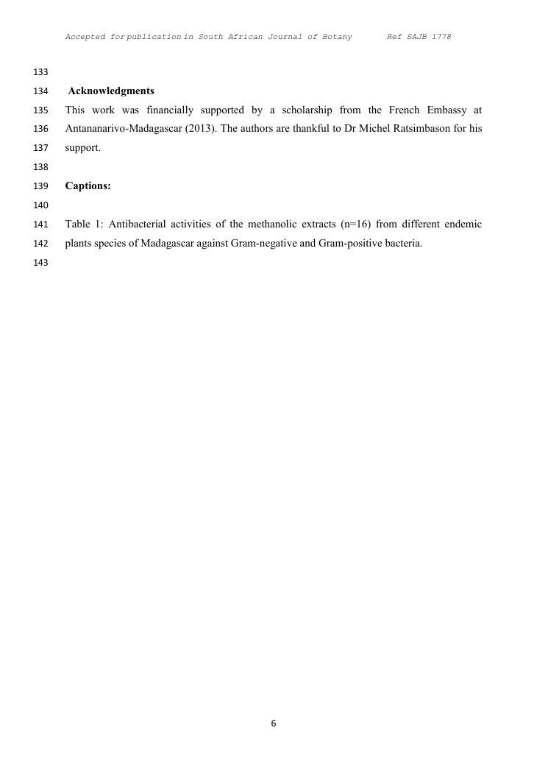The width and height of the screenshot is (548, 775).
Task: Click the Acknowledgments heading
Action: pyautogui.click(x=111, y=91)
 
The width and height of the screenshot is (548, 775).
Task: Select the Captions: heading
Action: pyautogui.click(x=88, y=186)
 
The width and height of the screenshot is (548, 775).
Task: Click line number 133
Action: pyautogui.click(x=40, y=72)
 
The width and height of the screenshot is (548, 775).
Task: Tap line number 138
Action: pyautogui.click(x=40, y=167)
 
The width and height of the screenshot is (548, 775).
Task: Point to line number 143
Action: pyautogui.click(x=40, y=263)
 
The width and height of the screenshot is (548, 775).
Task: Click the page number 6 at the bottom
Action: pyautogui.click(x=274, y=723)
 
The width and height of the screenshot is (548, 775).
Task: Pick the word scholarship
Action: pyautogui.click(x=307, y=110)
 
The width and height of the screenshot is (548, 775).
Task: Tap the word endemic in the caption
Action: pyautogui.click(x=461, y=224)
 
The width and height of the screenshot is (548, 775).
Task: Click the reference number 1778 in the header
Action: pyautogui.click(x=441, y=37)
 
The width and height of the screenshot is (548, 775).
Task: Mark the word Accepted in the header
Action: pyautogui.click(x=86, y=37)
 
